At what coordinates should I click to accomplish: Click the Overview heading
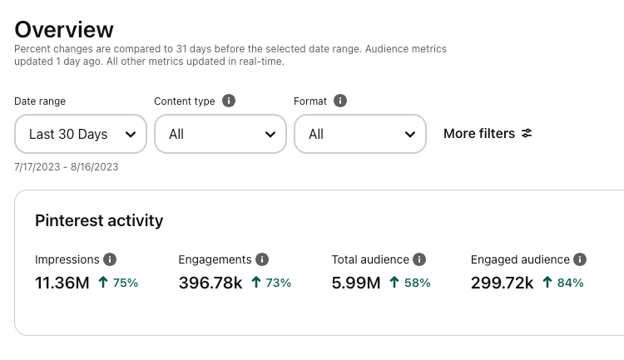coord(64,30)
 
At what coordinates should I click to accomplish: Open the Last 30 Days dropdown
coord(81,134)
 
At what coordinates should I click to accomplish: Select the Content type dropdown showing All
coord(220,134)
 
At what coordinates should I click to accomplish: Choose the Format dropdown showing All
coord(360,134)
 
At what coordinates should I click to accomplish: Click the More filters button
coord(488,134)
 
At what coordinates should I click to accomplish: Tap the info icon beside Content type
coord(229,101)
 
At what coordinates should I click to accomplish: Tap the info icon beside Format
coord(340,101)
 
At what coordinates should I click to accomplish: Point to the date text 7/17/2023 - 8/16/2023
coord(67,167)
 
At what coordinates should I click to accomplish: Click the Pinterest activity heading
coord(99,220)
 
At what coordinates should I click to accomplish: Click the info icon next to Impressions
coord(110,259)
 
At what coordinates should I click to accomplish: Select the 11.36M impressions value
coord(62,283)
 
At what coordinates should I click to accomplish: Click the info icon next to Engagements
coord(262,259)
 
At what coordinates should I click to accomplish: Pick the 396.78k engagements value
coord(210,283)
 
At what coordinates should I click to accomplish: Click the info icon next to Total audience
coord(420,259)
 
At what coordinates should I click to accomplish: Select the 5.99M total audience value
coord(355,283)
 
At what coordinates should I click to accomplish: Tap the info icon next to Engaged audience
coord(580,259)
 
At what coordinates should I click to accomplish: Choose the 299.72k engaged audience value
coord(502,283)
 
